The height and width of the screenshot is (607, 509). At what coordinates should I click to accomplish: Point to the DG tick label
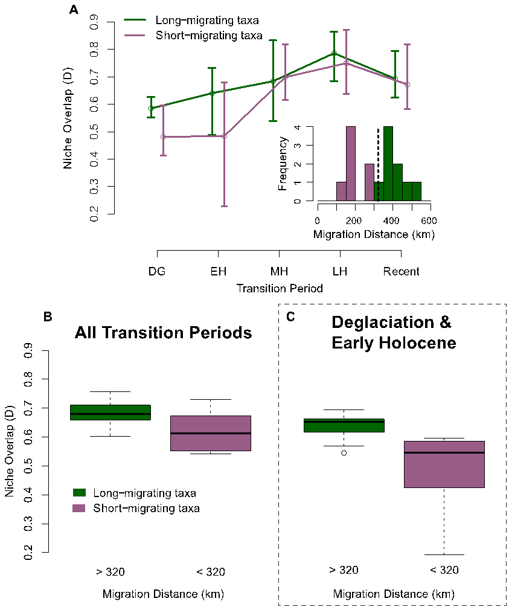coord(157,271)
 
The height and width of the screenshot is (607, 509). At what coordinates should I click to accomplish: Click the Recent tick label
coord(401,271)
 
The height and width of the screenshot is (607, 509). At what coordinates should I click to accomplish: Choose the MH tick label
coord(279,271)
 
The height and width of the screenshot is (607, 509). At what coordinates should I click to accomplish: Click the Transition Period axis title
coord(279,289)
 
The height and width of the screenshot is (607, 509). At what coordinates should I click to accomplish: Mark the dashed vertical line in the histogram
coord(378,163)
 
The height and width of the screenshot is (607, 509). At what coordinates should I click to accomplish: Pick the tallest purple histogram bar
coord(350,163)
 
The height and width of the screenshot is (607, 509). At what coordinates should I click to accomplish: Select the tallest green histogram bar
coord(388,163)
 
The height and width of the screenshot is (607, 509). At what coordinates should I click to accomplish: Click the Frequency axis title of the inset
coord(283,164)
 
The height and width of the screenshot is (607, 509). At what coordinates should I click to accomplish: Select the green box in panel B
coord(110,412)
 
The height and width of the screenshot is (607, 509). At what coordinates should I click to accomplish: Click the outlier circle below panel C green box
coord(344,452)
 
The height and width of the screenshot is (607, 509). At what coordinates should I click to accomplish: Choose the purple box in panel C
coord(444,464)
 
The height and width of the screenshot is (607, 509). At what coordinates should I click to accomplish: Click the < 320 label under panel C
coord(444,570)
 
